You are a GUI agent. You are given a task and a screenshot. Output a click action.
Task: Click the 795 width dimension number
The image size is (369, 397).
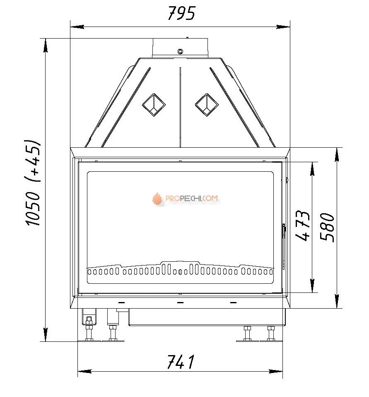pos(182,13)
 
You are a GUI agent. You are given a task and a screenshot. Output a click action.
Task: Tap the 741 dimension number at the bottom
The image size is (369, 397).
pos(181,362)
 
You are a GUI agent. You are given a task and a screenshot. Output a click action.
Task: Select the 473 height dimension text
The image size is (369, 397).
pos(302,225)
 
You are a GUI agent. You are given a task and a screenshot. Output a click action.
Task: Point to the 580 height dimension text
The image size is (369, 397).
pos(327,227)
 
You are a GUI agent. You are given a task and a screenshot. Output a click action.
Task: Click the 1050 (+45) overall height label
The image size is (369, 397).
pos(33,182)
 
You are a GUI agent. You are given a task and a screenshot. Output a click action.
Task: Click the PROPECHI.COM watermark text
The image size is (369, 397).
pos(192,198)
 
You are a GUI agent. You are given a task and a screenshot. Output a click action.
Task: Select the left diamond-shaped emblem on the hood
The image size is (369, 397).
pos(154,105)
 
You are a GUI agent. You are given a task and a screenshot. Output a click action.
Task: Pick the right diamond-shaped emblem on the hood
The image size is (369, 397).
pos(207,105)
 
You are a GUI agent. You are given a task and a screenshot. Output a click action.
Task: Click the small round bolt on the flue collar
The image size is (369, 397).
pos(180,52)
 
